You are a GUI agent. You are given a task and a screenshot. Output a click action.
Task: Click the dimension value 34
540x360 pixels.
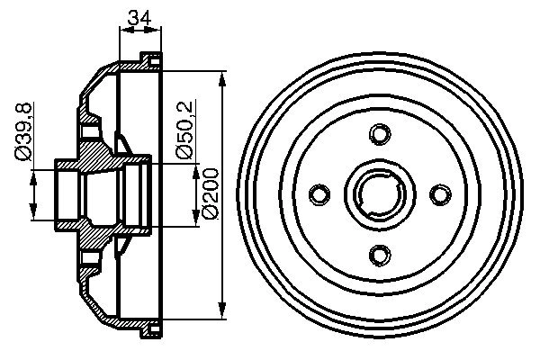(139, 15)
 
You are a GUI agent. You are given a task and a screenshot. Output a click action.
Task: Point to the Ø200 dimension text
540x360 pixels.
(209, 194)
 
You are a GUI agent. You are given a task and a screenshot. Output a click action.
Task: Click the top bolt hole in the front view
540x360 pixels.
(378, 135)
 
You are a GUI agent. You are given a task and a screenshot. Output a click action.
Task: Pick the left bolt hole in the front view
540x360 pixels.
(319, 194)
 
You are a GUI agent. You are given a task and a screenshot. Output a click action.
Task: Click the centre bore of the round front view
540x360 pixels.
(378, 193)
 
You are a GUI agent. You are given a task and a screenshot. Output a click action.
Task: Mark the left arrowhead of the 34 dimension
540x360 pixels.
(124, 31)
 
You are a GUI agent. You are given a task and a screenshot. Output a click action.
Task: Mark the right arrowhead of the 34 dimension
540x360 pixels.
(158, 31)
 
